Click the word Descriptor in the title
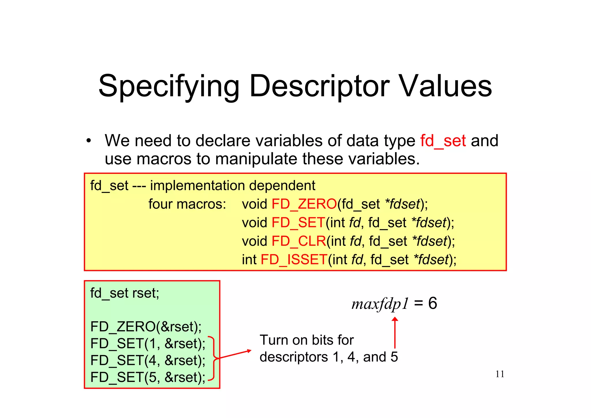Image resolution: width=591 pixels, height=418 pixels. pos(319,86)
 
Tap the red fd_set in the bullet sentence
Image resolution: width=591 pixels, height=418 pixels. pos(443,141)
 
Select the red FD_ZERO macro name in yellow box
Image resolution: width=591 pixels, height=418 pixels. pos(304,204)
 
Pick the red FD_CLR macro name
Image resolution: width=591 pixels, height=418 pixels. pos(299,241)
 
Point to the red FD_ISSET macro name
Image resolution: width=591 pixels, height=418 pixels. pos(294,259)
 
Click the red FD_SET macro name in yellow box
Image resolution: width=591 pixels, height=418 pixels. pos(298,222)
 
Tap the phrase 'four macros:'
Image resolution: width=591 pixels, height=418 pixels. pos(187,204)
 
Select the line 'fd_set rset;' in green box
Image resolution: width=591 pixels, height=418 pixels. pos(125,293)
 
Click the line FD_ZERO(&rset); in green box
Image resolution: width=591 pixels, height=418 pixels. pos(146,327)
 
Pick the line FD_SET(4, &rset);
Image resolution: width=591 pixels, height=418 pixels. pos(148,360)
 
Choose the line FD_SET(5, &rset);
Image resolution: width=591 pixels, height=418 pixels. pos(148,377)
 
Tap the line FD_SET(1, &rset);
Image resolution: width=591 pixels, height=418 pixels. pos(148,343)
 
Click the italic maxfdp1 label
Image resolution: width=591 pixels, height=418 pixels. pos(380,304)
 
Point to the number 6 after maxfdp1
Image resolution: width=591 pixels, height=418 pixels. pos(432,303)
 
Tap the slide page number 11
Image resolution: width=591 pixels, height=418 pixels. pos(500,374)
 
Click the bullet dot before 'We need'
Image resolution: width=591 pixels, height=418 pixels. pos(89,141)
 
